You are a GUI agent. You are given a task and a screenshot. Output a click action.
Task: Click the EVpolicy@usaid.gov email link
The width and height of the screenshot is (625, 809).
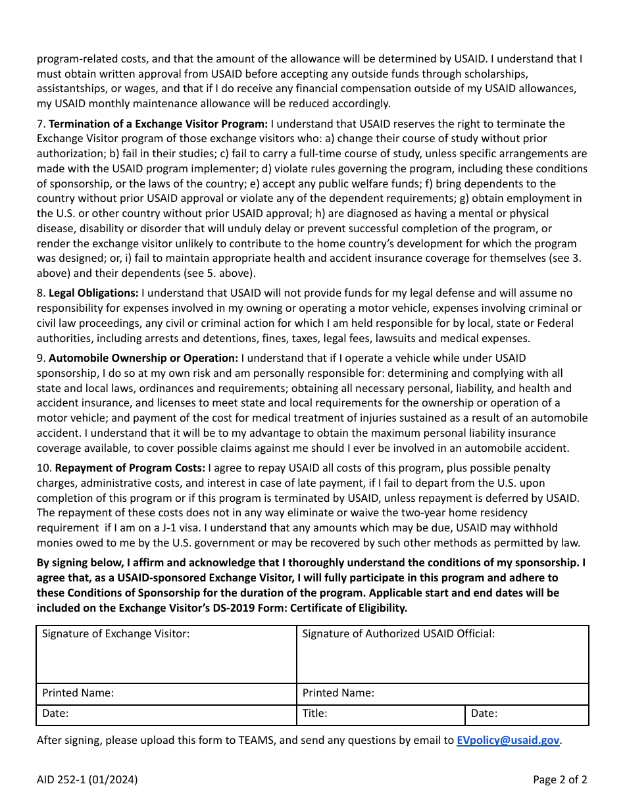point(508,740)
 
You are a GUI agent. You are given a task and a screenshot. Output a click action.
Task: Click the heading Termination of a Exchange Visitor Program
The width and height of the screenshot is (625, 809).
point(158,124)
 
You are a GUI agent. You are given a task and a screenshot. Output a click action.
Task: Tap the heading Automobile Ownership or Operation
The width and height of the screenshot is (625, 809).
point(143,358)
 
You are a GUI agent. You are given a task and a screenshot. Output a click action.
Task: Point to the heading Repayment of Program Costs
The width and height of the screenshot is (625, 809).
point(130,468)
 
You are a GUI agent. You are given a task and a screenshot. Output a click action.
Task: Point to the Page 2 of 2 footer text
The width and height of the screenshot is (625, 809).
point(560,780)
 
